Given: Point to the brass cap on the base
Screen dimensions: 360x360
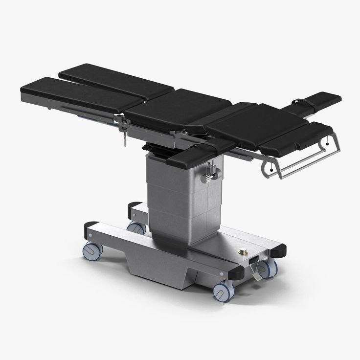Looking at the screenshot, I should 241,252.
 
